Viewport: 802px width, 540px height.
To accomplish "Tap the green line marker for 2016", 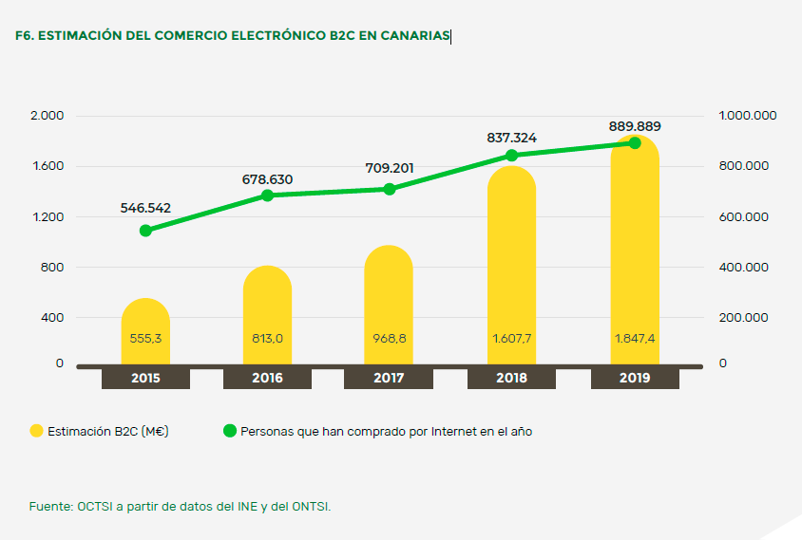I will click(267, 196).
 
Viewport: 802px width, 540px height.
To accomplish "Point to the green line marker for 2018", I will click(511, 156).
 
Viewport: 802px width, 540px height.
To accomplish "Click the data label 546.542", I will click(145, 207).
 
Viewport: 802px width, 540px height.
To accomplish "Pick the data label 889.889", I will click(635, 126).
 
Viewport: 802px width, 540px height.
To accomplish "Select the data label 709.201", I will click(390, 168).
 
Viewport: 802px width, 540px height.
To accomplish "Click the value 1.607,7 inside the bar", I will click(511, 338).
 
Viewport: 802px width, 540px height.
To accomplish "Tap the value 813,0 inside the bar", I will click(267, 338).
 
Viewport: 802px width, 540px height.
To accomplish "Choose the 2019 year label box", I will click(635, 378).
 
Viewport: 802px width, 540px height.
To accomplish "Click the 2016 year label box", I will click(267, 378).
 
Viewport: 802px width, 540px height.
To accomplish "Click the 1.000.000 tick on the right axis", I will click(748, 116).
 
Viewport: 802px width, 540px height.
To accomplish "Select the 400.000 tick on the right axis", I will click(743, 268).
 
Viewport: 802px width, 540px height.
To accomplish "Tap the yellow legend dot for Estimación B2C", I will click(37, 431).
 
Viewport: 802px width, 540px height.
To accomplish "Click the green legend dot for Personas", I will click(229, 431).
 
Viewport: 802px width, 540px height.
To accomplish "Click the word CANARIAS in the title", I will click(414, 36).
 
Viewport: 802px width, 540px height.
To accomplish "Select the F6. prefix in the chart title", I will click(26, 36).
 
